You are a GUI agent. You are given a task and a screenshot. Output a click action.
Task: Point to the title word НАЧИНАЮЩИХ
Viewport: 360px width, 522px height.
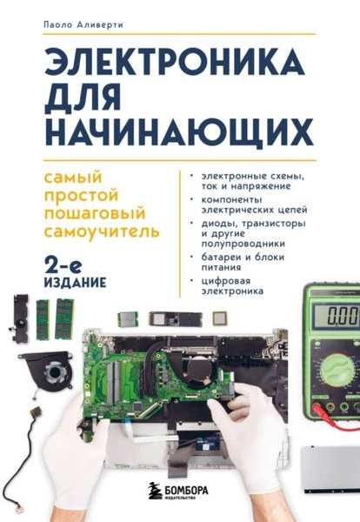coord(177,132)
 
